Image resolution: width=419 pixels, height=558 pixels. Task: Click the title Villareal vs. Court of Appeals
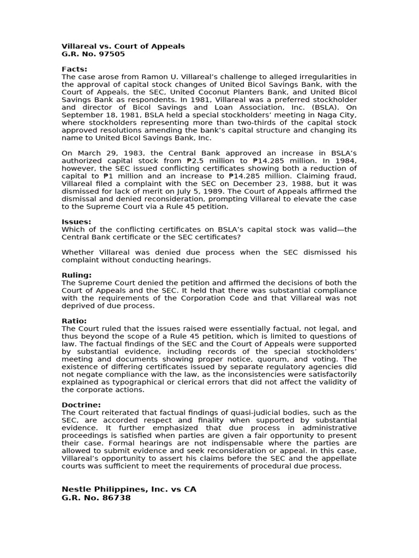pos(123,46)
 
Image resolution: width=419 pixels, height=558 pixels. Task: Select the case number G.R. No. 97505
pos(93,54)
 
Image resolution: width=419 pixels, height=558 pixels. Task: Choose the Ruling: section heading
pos(76,275)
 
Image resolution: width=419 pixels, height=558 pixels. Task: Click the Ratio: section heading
pos(74,321)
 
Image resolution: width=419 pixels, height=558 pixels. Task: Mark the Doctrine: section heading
pos(81,405)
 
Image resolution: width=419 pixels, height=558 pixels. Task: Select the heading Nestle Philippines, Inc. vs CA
pos(129,489)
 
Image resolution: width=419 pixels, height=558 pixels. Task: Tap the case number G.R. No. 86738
pos(96,498)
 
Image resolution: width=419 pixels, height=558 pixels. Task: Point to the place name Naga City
pos(338,115)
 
